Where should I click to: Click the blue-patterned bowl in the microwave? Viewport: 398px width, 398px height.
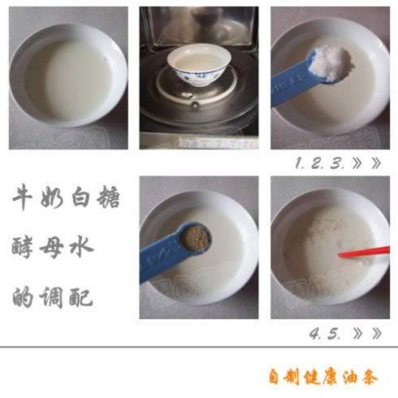coord(199,66)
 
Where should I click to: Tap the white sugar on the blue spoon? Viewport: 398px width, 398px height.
coord(330,63)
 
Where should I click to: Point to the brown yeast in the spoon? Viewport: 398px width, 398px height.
coord(196,237)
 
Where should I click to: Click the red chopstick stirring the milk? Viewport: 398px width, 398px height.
coord(364,252)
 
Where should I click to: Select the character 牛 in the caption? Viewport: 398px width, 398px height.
coord(23,197)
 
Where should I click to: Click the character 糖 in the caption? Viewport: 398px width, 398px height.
coord(109,197)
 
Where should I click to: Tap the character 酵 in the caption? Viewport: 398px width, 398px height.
coord(23,246)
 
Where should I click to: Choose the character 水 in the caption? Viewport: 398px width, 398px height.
coord(81,247)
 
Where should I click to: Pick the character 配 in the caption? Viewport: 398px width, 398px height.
coord(81,296)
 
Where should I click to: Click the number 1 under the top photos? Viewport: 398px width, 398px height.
coord(298,163)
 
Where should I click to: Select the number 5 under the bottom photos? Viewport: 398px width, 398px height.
coord(334,334)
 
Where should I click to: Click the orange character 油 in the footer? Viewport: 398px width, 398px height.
coord(350,377)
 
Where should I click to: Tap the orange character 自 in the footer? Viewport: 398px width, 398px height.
coord(274,376)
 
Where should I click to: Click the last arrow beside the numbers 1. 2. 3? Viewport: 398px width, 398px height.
coord(376,163)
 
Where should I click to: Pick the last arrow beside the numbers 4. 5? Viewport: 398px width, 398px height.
coord(377,334)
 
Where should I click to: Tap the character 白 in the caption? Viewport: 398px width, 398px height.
coord(80,197)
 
